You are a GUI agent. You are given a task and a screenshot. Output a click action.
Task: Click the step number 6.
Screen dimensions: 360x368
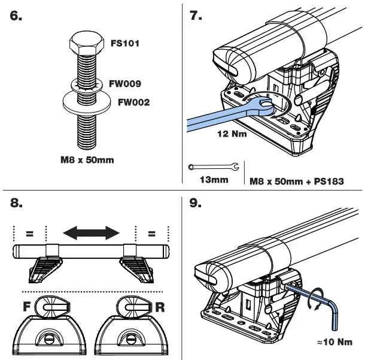click(x=17, y=16)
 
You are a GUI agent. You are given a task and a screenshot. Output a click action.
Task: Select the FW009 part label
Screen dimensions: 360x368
click(x=124, y=84)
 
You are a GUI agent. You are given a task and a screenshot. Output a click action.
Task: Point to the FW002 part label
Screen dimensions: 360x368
click(x=133, y=102)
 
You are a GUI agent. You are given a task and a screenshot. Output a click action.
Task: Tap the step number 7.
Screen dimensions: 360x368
click(x=196, y=16)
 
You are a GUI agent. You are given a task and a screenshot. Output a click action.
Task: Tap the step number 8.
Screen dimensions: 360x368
click(x=17, y=203)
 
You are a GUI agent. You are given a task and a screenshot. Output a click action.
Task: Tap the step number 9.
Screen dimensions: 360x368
click(x=196, y=203)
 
